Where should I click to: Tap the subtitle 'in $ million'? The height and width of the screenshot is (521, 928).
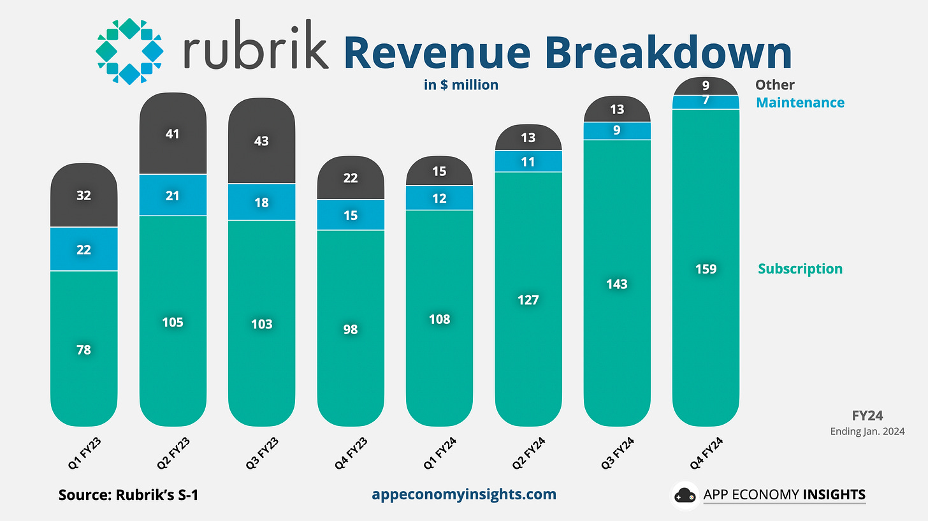461,84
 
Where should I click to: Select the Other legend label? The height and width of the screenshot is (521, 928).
774,85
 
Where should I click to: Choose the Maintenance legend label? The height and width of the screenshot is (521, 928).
800,103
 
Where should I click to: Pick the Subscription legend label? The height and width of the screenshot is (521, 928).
800,268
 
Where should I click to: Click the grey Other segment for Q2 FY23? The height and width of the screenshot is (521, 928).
173,134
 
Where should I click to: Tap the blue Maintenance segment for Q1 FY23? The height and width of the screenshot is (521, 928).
83,249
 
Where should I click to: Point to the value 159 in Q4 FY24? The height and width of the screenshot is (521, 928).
706,269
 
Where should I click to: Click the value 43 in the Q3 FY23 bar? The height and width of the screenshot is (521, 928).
261,141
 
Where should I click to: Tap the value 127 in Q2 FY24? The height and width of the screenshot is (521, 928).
528,300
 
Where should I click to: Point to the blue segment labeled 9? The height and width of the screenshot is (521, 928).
617,131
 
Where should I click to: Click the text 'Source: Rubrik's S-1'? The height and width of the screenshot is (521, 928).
128,494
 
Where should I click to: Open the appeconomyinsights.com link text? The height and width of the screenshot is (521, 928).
463,494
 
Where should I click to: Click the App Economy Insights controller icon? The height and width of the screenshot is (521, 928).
685,495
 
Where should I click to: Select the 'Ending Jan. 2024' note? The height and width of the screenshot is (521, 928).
867,432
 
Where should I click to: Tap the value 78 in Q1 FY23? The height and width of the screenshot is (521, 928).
83,349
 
